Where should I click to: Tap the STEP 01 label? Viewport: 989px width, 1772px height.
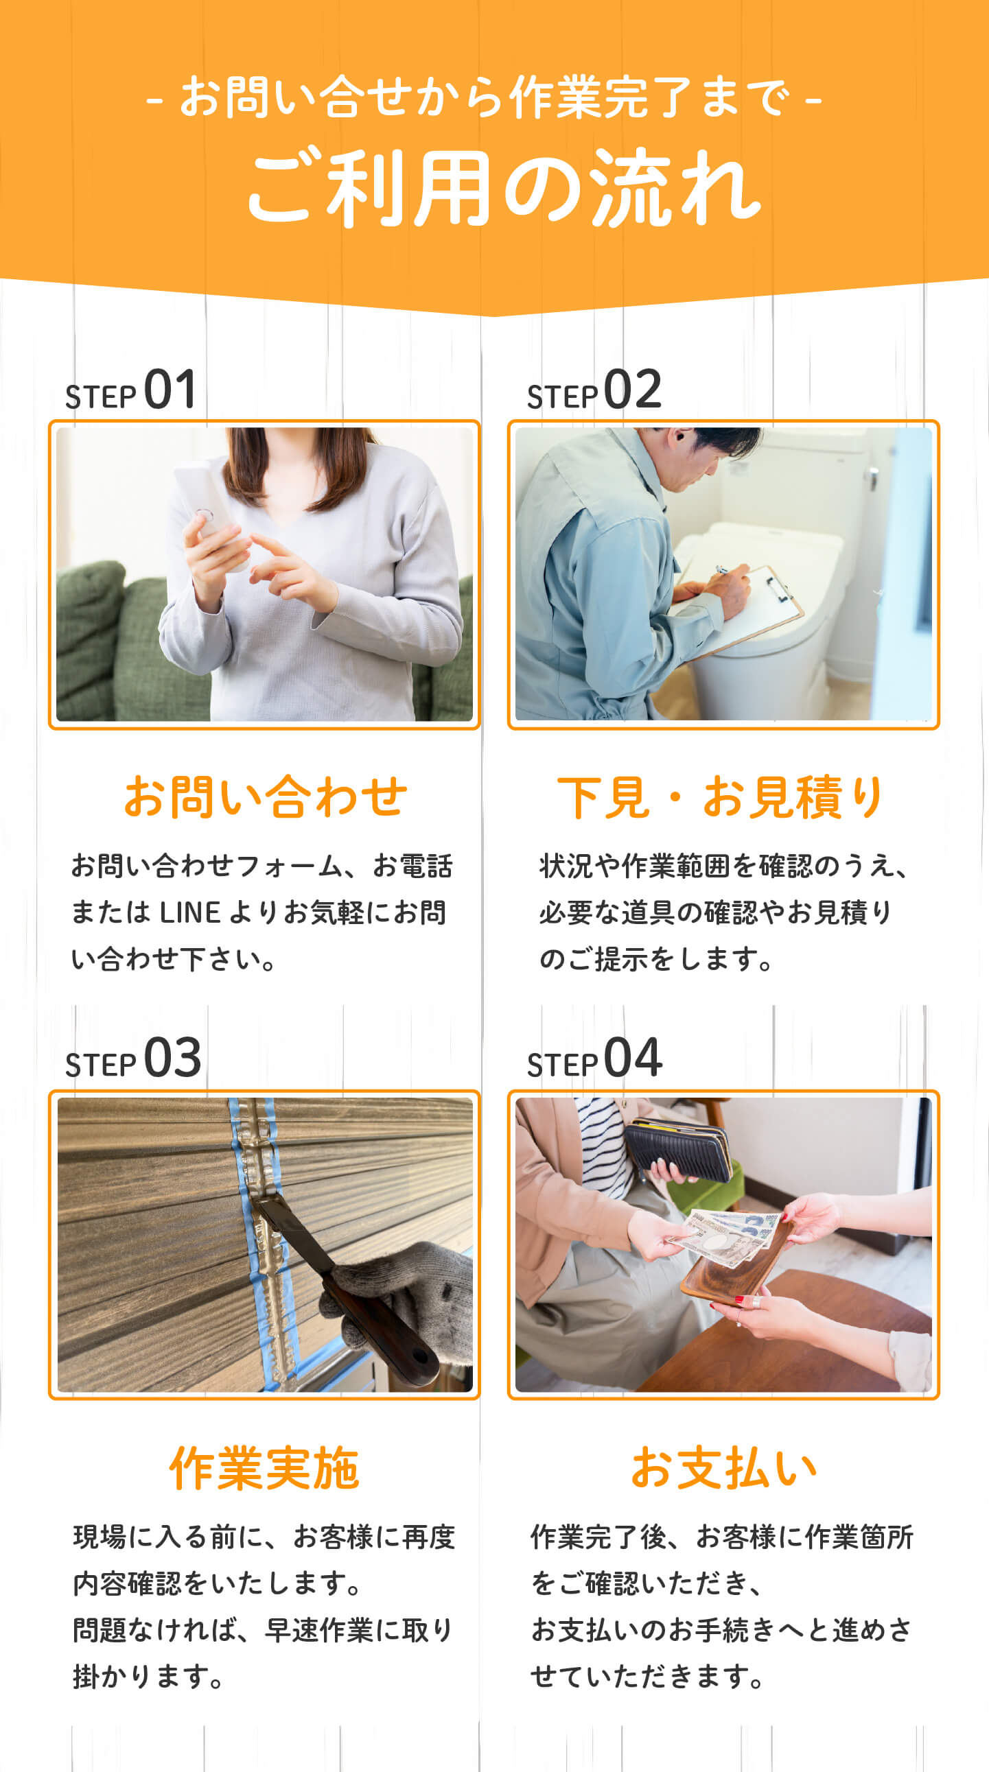tap(131, 390)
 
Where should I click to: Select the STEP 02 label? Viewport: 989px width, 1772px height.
tap(594, 390)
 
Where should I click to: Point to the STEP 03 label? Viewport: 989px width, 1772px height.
tap(133, 1058)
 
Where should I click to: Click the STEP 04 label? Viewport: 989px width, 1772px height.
tap(594, 1058)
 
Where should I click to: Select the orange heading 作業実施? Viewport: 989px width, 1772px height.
tap(264, 1467)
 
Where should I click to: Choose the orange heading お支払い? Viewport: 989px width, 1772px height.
tap(723, 1467)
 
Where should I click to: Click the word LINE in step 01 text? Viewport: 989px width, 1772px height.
tap(189, 913)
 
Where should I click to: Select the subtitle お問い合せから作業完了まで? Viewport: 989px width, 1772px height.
tap(485, 97)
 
